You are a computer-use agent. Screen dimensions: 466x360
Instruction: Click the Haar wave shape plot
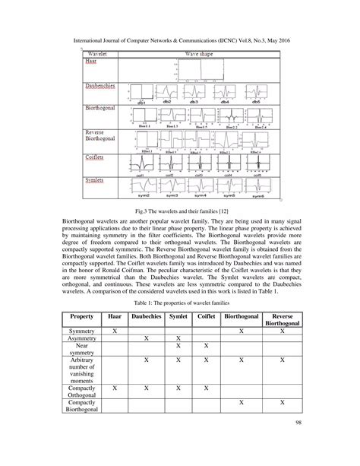[201, 71]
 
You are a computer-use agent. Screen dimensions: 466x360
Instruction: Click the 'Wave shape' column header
[201, 54]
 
